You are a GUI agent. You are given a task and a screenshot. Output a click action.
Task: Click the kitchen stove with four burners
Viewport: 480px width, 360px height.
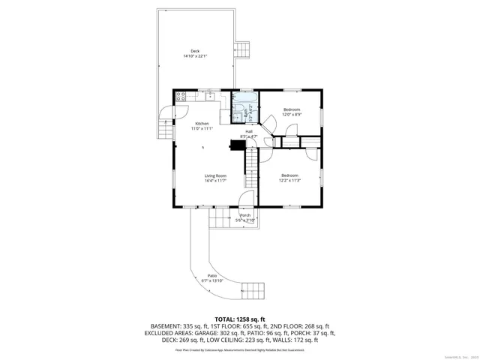point(180,96)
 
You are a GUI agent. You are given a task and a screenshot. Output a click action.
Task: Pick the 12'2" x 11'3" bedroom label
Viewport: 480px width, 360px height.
point(290,178)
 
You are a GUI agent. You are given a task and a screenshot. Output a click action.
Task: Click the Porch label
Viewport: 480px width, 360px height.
point(245,217)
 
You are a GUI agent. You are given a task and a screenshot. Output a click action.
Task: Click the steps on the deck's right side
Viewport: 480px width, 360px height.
point(243,49)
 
